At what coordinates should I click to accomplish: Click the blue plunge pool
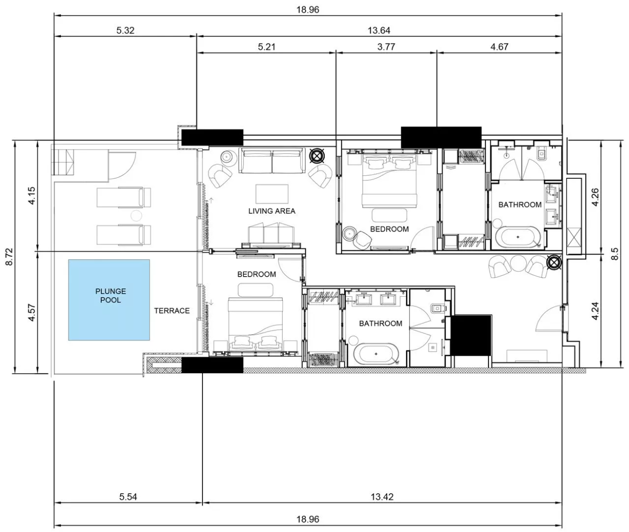pos(109,300)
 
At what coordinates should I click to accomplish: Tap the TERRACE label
pos(172,311)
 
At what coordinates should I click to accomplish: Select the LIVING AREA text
pos(272,211)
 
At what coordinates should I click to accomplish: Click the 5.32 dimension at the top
pos(125,30)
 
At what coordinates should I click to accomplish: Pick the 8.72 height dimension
pos(10,257)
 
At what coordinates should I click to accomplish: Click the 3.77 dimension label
pos(386,47)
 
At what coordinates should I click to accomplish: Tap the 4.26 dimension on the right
pos(595,197)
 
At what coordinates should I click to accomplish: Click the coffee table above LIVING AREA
pos(272,194)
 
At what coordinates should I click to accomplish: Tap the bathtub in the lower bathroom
pos(376,354)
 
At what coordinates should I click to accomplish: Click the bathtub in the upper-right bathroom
pos(518,236)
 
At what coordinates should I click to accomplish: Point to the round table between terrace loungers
pos(136,216)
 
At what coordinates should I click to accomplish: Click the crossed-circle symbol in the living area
pos(317,156)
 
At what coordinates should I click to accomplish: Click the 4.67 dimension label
pos(500,47)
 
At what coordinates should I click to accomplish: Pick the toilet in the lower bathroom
pos(437,309)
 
